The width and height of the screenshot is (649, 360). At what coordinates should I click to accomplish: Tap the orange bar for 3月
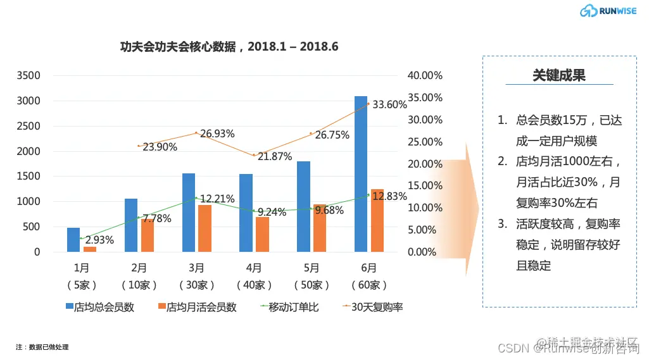[205, 228]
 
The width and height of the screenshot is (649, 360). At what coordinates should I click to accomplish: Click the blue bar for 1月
[73, 240]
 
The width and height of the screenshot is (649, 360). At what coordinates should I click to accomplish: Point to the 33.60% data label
[389, 104]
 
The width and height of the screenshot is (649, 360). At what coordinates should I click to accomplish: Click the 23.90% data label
[160, 147]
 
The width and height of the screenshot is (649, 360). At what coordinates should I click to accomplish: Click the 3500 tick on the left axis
[28, 75]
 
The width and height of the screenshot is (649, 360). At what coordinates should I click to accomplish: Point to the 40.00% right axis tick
[425, 75]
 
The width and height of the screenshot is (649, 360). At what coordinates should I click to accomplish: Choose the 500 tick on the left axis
[32, 227]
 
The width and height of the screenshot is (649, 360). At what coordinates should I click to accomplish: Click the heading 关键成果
[558, 75]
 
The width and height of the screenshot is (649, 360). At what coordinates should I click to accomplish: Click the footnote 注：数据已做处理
[42, 347]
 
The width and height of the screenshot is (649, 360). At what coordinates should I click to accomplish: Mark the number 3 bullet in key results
[502, 224]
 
